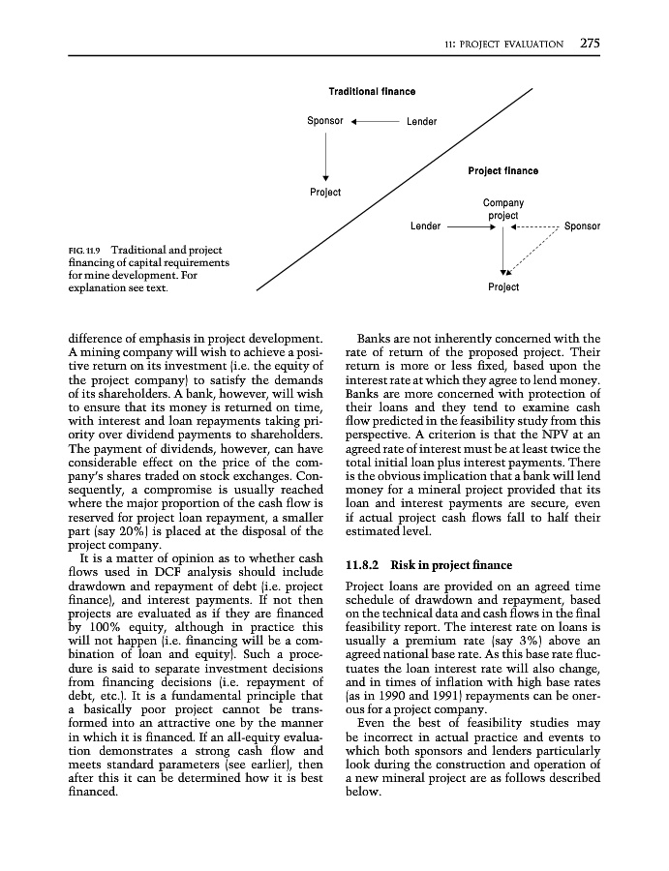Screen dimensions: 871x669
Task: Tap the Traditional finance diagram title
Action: coord(372,92)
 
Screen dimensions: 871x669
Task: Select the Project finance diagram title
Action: coord(502,171)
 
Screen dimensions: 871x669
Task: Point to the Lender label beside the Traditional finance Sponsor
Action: coord(421,122)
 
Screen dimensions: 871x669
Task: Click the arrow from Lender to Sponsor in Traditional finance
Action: coord(375,122)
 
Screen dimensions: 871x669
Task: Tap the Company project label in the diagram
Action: coord(502,209)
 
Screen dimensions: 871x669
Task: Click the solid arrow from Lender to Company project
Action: coord(471,226)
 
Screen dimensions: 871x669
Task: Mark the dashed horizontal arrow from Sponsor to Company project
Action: coord(534,226)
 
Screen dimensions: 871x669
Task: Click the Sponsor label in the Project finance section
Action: coord(582,226)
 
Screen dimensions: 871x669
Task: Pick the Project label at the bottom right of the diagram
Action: coord(503,286)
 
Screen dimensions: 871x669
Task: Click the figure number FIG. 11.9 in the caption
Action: coord(87,250)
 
